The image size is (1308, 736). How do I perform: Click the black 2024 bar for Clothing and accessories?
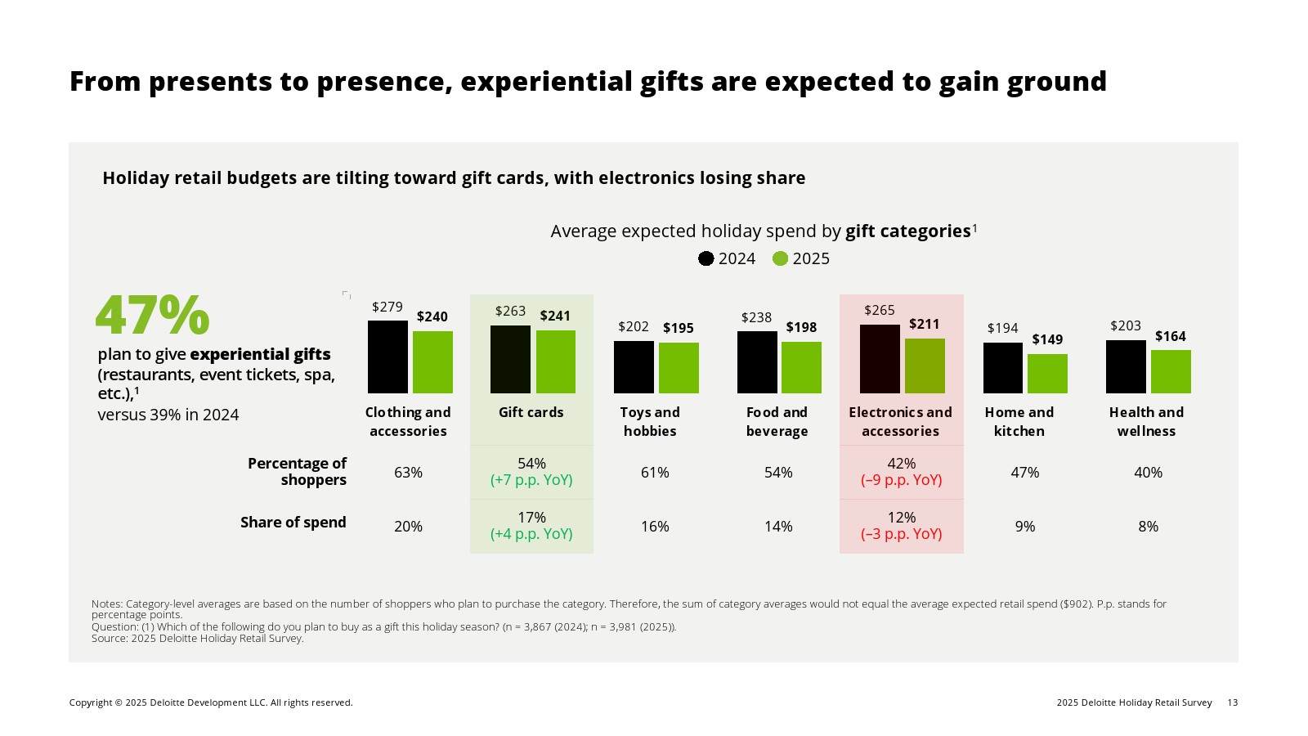tap(387, 357)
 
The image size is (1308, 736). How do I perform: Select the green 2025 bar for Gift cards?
tap(556, 361)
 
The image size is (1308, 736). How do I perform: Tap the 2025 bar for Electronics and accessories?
tap(925, 366)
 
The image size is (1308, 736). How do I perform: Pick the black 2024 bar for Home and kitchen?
tap(1003, 368)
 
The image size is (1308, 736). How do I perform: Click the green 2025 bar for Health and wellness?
tap(1171, 371)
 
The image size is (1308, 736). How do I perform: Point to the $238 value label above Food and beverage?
tap(756, 317)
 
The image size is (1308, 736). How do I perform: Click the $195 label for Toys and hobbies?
tap(679, 328)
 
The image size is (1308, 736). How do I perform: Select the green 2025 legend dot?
tap(780, 258)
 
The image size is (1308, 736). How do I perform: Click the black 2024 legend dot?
tap(706, 258)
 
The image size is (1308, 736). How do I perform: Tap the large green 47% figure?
tap(153, 316)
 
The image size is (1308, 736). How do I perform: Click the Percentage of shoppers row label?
tap(297, 472)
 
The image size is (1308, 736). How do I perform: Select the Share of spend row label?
tap(293, 523)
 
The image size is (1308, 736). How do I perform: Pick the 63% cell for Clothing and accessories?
tap(408, 473)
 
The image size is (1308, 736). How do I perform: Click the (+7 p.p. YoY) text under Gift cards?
tap(531, 480)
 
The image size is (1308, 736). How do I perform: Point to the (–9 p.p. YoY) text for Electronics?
tap(901, 480)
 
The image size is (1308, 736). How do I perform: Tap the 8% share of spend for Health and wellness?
tap(1148, 527)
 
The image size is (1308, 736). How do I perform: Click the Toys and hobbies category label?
tap(650, 422)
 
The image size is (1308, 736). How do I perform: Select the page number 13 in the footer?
tap(1233, 702)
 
